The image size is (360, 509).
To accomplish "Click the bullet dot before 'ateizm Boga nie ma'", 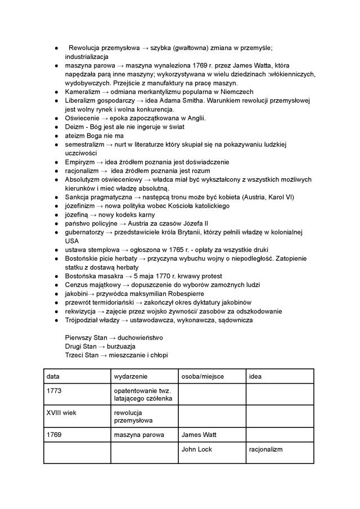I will (x=57, y=136).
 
